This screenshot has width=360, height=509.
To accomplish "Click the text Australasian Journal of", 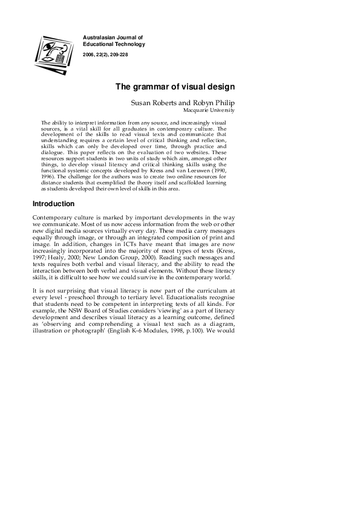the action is tap(113, 37).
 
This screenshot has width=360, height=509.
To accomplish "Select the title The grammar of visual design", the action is tap(175, 86).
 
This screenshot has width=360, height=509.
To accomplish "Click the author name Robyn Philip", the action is tap(213, 103).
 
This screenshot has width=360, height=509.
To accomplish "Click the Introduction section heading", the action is tap(53, 204).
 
